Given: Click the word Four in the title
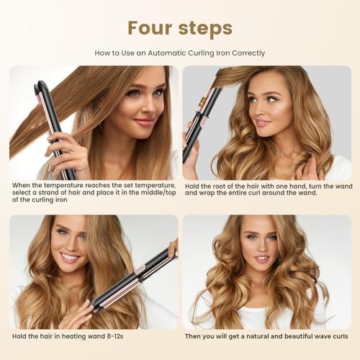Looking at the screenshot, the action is click(x=150, y=28).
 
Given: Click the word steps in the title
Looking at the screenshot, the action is click(x=205, y=29).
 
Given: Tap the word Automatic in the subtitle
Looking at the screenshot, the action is click(x=166, y=53).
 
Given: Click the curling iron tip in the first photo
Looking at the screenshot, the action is click(x=41, y=86).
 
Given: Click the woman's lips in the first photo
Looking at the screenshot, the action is click(x=143, y=122).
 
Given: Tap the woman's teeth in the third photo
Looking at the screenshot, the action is click(x=69, y=257).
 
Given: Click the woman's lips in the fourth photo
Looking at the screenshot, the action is click(x=261, y=258).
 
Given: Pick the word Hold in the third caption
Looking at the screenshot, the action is click(x=19, y=336).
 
